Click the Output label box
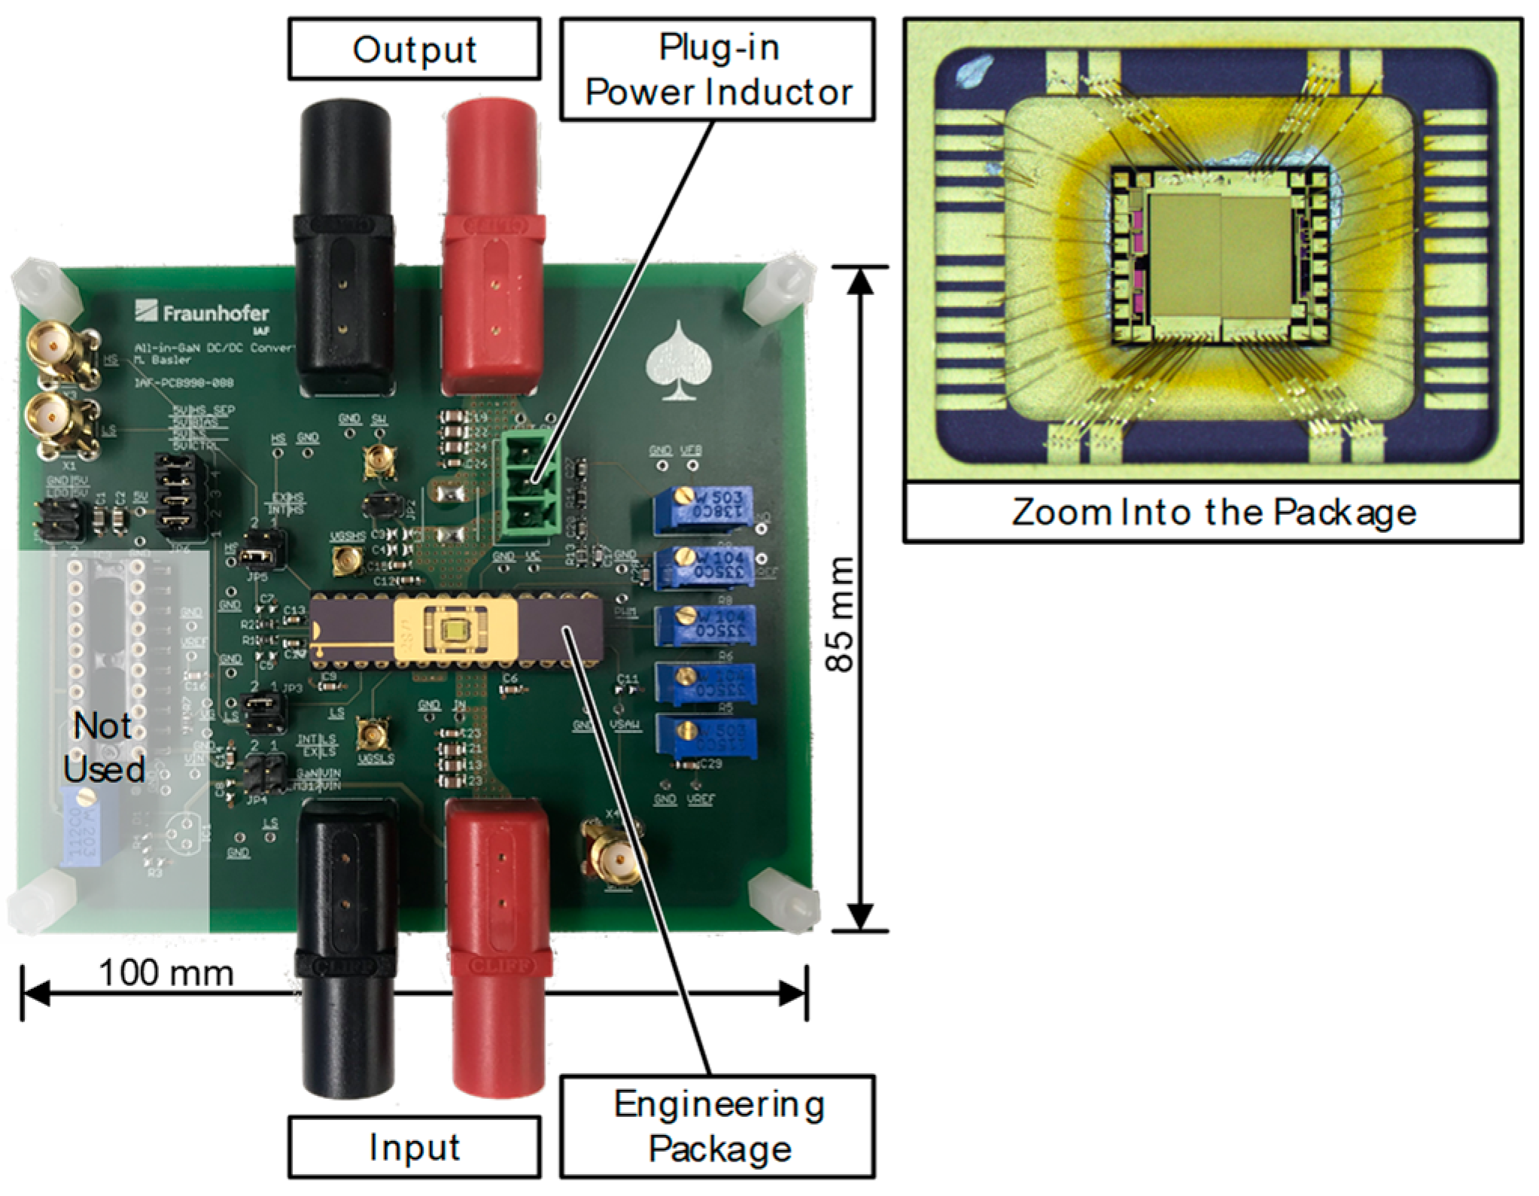pyautogui.click(x=414, y=50)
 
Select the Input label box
pyautogui.click(x=414, y=1147)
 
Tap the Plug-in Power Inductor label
pyautogui.click(x=718, y=70)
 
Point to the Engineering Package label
pyautogui.click(x=718, y=1126)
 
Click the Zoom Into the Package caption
pyautogui.click(x=1213, y=513)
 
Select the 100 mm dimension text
pyautogui.click(x=166, y=972)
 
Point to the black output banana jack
pyautogui.click(x=344, y=248)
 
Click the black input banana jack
pyautogui.click(x=348, y=941)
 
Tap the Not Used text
pyautogui.click(x=104, y=747)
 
